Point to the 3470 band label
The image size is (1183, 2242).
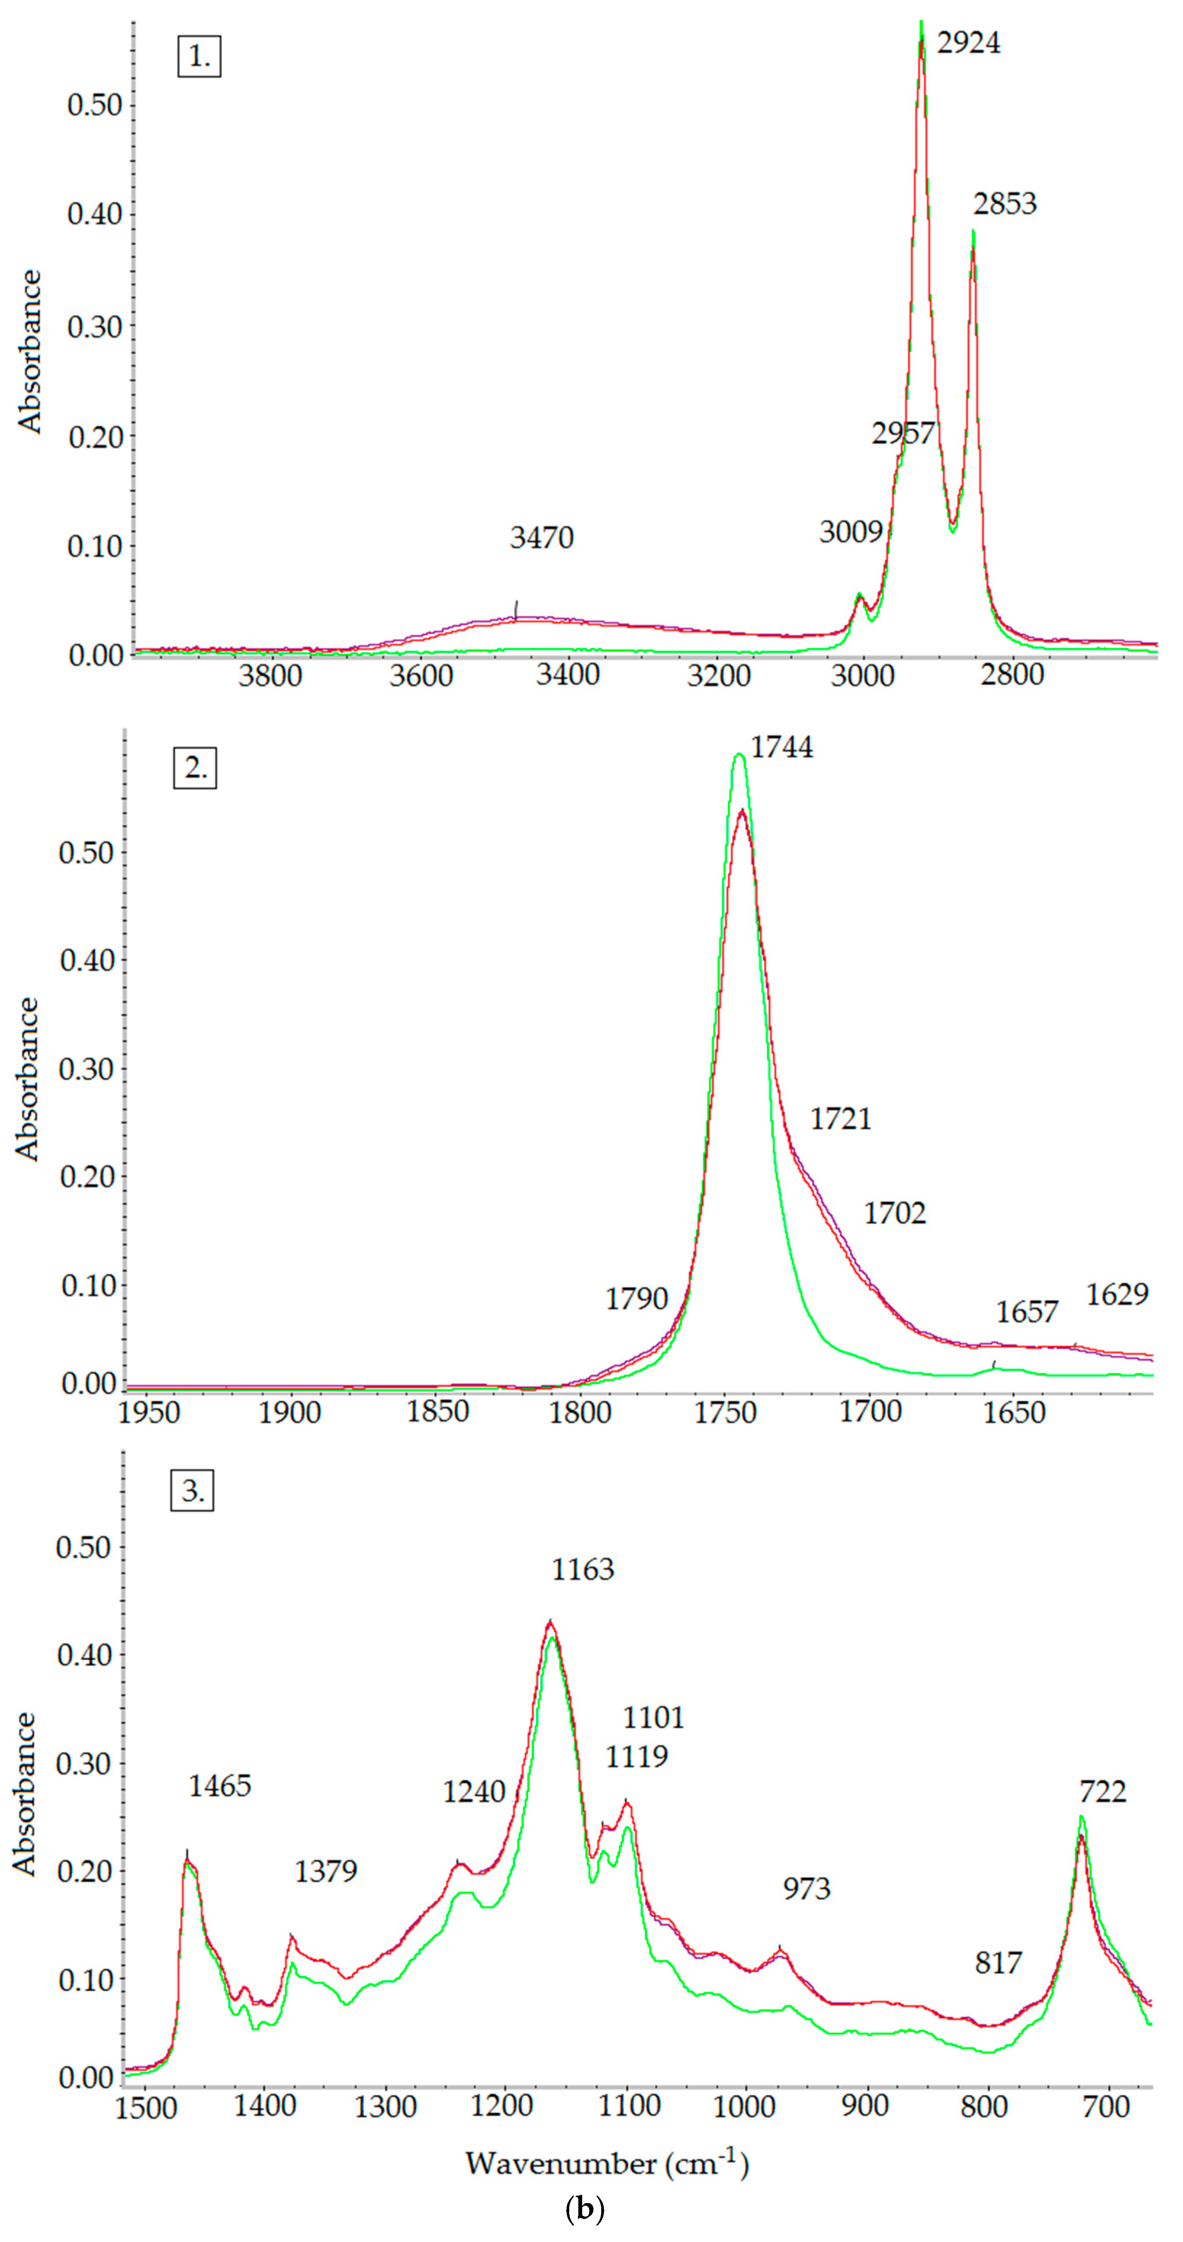point(542,538)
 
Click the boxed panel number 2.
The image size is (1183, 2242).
point(195,768)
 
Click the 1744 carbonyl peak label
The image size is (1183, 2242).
point(782,747)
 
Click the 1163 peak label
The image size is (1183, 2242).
point(582,1569)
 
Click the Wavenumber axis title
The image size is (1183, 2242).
point(607,2164)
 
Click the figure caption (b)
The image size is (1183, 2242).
point(584,2209)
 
